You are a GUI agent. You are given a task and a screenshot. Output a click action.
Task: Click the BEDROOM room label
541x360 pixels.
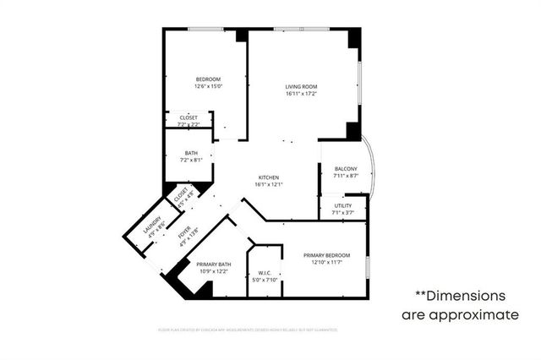point(207,79)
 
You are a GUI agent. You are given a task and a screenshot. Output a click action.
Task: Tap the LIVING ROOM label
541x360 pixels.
point(302,86)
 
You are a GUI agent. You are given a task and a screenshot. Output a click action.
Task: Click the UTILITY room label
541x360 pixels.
point(342,205)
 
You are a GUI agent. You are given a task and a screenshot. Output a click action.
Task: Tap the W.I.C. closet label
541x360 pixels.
point(264,273)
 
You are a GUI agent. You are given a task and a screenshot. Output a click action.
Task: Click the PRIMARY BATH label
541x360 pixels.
point(214,265)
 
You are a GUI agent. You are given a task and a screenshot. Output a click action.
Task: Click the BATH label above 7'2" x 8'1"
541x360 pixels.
point(192,153)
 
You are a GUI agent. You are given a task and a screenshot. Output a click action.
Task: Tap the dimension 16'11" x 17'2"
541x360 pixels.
point(302,94)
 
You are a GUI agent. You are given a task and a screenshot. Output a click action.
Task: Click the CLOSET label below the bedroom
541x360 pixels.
point(188,117)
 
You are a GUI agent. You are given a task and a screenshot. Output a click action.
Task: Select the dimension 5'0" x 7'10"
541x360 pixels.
point(264,281)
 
